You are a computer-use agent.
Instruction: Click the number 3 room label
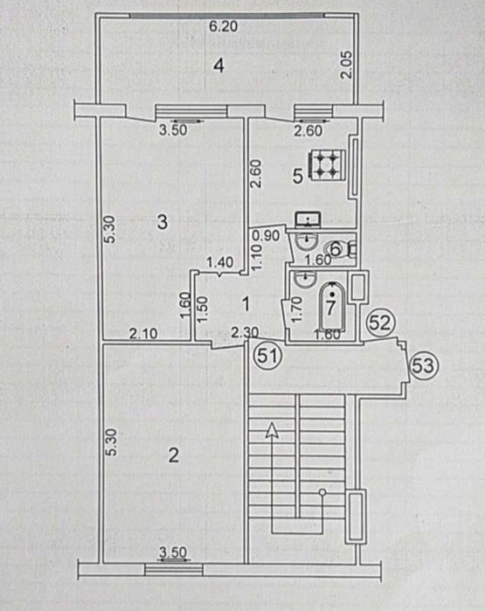point(161,222)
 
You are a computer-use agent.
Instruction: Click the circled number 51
point(267,356)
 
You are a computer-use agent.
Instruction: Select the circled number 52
point(378,323)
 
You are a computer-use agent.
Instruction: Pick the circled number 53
point(423,365)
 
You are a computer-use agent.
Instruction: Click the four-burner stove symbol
point(329,163)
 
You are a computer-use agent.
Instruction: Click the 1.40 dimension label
point(218,261)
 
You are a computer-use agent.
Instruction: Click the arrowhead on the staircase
point(274,429)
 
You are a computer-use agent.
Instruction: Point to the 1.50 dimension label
point(202,309)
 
